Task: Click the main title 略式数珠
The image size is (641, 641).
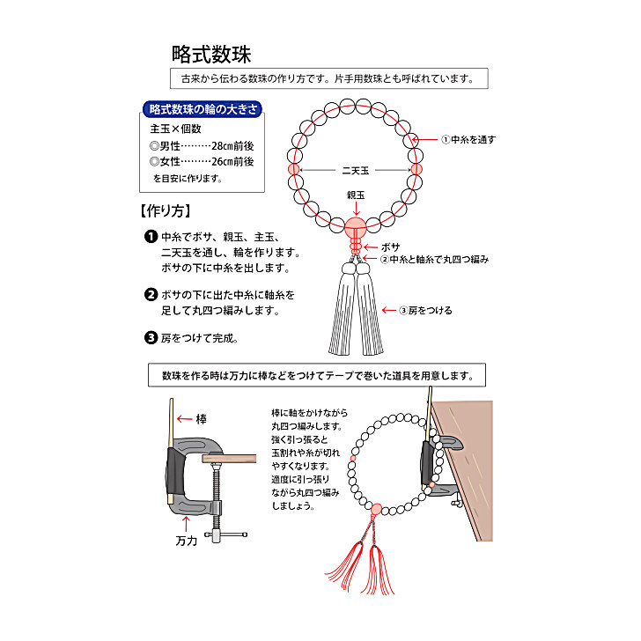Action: [x=211, y=54]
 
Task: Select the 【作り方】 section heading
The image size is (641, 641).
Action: [x=166, y=211]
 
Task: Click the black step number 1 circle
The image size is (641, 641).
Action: [x=151, y=237]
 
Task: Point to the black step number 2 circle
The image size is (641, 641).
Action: [x=151, y=295]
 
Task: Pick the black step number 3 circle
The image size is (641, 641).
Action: [x=151, y=337]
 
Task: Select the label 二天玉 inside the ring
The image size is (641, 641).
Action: [x=355, y=170]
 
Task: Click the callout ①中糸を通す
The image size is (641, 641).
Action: [x=468, y=139]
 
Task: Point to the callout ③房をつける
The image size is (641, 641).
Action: [x=427, y=310]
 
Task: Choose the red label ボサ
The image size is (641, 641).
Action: [x=390, y=247]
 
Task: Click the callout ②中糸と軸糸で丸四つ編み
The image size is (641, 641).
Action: [x=434, y=260]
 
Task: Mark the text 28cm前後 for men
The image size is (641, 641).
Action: [x=226, y=145]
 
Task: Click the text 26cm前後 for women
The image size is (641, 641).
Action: [x=226, y=162]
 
